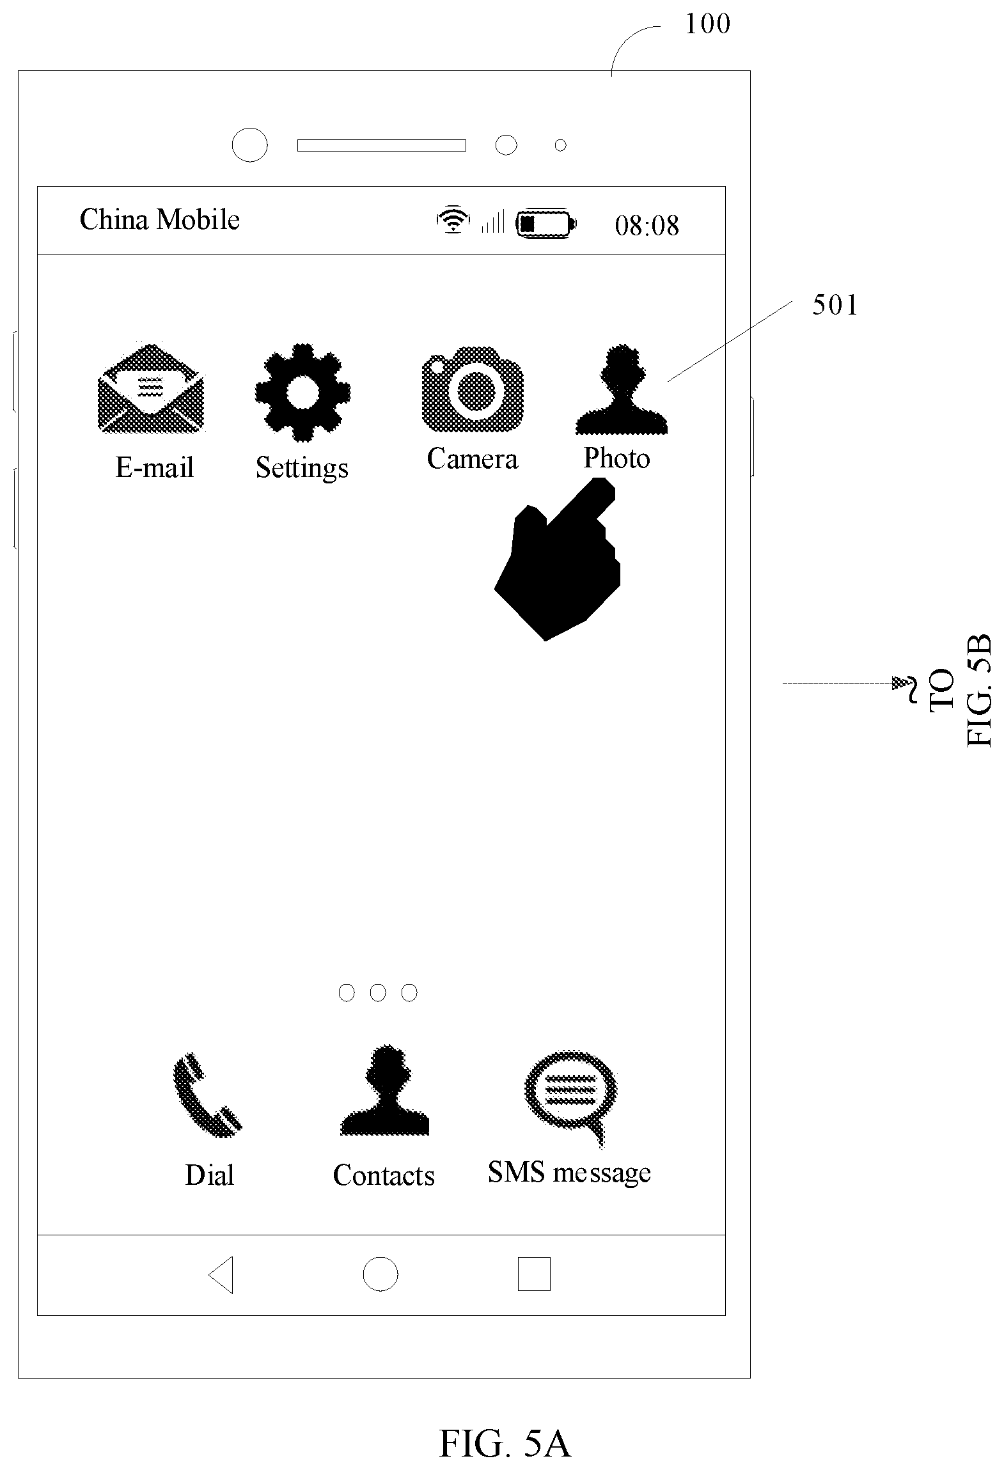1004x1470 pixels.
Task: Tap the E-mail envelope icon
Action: click(151, 388)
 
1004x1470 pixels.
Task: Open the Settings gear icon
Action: click(302, 393)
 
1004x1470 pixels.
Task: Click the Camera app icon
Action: click(473, 388)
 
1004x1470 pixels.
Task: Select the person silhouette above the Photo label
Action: click(622, 390)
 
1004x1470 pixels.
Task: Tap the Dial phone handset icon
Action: click(207, 1095)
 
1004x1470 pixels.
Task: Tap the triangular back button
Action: click(221, 1275)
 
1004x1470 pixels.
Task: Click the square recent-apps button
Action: click(534, 1274)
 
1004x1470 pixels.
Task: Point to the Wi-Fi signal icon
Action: click(453, 219)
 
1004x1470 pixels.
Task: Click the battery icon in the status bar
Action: click(546, 223)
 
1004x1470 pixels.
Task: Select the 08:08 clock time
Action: click(647, 226)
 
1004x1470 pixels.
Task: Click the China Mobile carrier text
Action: click(160, 219)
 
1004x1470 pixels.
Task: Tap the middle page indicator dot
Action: click(378, 992)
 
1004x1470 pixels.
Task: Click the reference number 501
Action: click(835, 306)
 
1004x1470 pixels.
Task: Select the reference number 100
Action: click(707, 24)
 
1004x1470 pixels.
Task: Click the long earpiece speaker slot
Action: click(382, 146)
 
